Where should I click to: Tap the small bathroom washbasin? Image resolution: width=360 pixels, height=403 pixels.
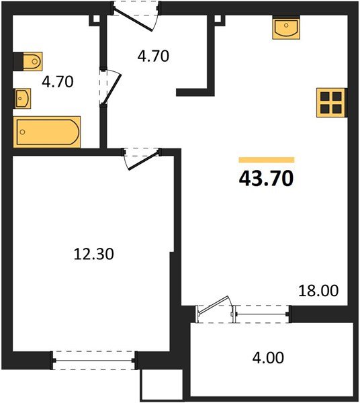[22, 99]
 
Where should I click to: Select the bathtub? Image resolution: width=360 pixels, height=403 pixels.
[47, 131]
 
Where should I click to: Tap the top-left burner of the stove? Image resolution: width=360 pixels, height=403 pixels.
[325, 97]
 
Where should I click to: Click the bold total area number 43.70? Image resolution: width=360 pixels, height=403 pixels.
[267, 179]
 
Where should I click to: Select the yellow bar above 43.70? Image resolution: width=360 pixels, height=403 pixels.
[267, 160]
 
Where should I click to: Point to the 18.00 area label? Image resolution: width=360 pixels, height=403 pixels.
[318, 292]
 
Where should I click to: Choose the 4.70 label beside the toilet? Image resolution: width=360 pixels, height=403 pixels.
[57, 83]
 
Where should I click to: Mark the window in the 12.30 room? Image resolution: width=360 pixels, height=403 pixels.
[94, 361]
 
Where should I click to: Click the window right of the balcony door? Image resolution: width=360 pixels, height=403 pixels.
[262, 311]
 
